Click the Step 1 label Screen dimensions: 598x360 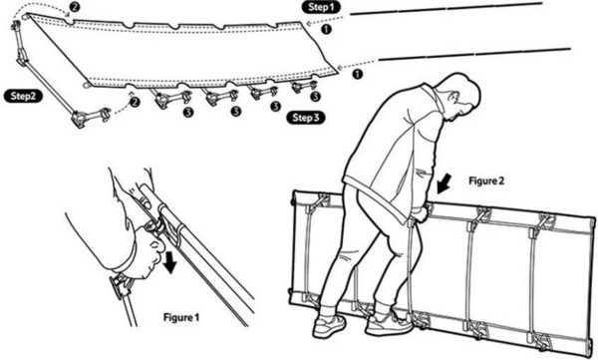[x=321, y=7]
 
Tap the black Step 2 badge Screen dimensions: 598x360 [x=23, y=96]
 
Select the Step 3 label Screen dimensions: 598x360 [x=306, y=118]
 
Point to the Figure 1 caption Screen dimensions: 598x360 [x=181, y=317]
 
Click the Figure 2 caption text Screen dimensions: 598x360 [x=486, y=180]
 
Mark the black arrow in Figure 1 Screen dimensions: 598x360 [x=169, y=262]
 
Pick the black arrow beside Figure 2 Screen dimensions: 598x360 [x=444, y=183]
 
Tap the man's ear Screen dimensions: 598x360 [x=453, y=97]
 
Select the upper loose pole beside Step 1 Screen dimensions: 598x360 [x=447, y=8]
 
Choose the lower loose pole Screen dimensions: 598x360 [x=474, y=54]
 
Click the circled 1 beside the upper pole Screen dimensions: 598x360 [x=327, y=29]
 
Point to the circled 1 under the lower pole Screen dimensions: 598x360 [x=357, y=75]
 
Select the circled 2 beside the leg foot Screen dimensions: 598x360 [x=134, y=102]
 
